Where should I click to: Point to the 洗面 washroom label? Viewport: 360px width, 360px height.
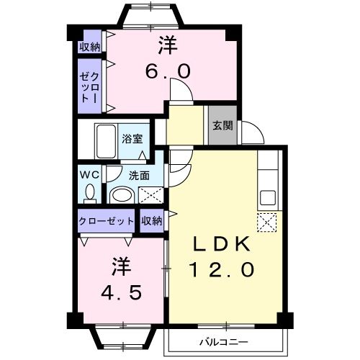(139, 174)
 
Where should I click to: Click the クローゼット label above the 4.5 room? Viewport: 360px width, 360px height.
(107, 221)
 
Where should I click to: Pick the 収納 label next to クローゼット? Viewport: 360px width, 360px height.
(152, 221)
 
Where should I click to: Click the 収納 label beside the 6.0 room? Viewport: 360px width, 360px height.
(90, 47)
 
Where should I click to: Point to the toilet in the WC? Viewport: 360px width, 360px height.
(90, 192)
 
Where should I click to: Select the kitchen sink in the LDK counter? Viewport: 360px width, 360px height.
(267, 197)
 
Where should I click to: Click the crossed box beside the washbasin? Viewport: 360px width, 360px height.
(150, 194)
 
